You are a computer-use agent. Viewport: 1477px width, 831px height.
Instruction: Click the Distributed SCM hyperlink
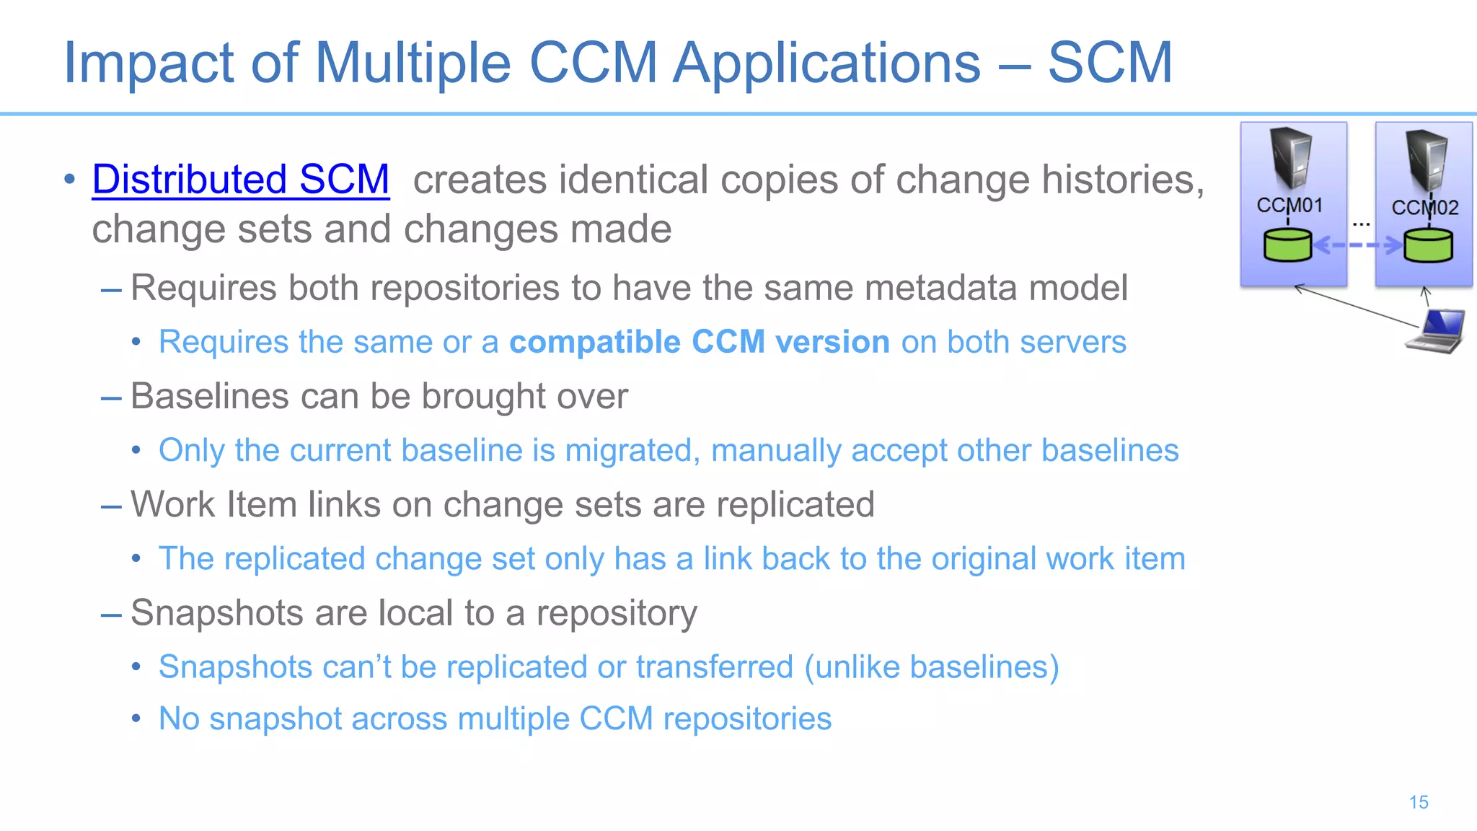[241, 180]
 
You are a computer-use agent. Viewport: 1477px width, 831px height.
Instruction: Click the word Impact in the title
[148, 63]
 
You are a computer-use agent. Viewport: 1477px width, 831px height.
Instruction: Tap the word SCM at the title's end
[1109, 63]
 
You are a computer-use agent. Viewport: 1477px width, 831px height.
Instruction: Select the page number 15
[1418, 802]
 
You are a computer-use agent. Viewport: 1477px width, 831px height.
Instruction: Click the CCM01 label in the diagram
[1289, 206]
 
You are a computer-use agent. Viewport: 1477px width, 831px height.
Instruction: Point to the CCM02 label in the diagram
[1424, 208]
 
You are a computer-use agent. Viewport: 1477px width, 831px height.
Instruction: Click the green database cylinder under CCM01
[1287, 245]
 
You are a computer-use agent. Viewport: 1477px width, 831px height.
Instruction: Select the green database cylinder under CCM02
[1428, 245]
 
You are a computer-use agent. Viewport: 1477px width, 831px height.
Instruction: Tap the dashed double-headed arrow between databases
[1358, 245]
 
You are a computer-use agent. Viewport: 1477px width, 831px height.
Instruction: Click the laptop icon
[1437, 330]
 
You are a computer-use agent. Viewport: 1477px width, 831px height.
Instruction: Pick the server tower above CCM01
[1290, 157]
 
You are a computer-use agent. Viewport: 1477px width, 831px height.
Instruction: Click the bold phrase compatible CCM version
[699, 342]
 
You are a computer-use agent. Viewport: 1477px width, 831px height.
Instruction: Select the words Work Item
[213, 504]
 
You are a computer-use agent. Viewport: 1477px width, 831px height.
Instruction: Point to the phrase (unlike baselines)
[931, 667]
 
